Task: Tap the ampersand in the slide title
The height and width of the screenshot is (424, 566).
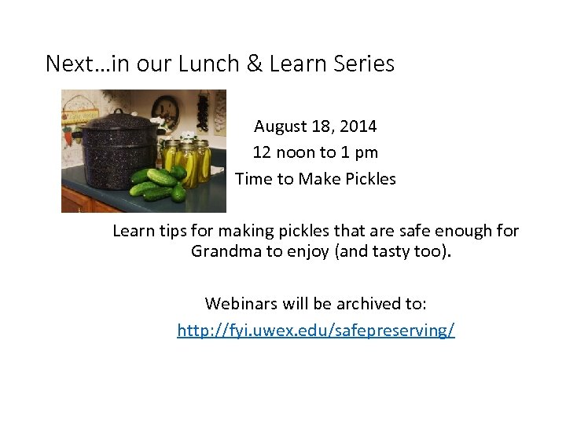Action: (255, 64)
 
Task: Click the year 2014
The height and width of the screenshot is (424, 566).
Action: (357, 126)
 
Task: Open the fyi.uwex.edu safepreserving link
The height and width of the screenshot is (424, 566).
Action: (315, 331)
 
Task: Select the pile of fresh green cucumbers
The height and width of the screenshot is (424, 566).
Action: (157, 185)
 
